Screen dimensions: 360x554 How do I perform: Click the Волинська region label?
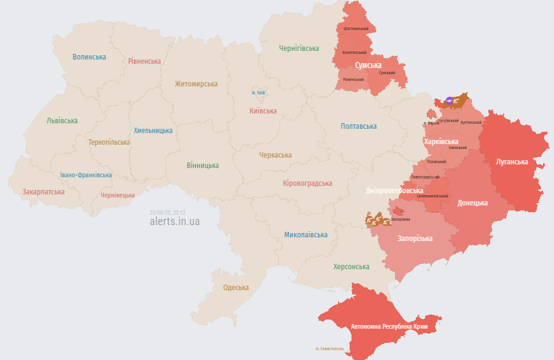[89, 57]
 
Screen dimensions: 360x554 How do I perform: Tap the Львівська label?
[62, 121]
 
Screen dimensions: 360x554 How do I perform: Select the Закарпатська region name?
[44, 192]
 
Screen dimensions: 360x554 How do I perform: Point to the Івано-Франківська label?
[86, 175]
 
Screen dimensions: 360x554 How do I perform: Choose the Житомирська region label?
[196, 84]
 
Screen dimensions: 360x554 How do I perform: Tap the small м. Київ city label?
[258, 93]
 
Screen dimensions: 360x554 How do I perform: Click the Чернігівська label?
[299, 48]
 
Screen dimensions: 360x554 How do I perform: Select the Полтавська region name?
[358, 126]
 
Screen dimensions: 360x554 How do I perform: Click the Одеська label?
[236, 288]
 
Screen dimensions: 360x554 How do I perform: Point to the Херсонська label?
[351, 267]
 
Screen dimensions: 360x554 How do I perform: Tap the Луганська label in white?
[512, 162]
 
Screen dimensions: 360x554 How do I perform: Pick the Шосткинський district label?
[356, 29]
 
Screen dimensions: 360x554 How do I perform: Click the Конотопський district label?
[355, 53]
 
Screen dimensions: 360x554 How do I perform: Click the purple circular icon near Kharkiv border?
[449, 100]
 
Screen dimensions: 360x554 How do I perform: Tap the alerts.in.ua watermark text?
[174, 221]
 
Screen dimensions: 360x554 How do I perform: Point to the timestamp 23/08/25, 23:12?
[167, 213]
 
